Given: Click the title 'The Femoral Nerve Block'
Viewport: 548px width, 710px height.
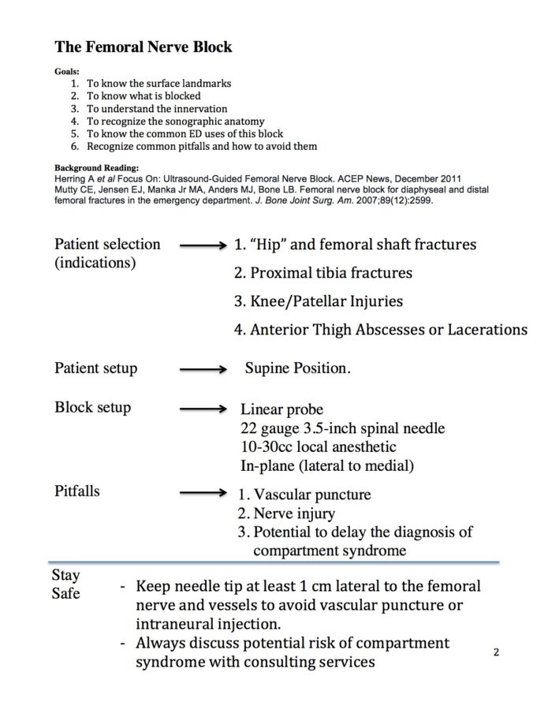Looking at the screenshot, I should click(143, 47).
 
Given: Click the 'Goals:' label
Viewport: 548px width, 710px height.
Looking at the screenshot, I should click(66, 70).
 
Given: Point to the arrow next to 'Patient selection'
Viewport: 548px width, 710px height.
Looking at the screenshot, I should click(203, 246).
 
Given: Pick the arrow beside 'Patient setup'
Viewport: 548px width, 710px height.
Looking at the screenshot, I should click(203, 369).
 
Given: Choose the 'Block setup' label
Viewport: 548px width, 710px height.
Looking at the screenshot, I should click(92, 408).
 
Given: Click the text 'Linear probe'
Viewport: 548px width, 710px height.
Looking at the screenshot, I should click(281, 410).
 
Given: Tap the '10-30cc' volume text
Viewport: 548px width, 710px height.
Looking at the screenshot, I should click(267, 447).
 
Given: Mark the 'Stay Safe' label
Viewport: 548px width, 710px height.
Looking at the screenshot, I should click(66, 585).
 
